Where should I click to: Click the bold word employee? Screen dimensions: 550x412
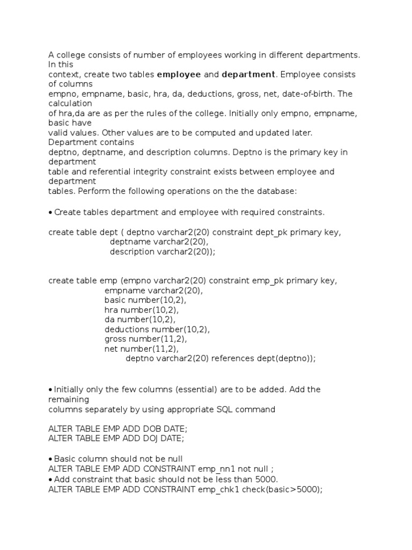tap(179, 74)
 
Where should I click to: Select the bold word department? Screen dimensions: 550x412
tap(248, 74)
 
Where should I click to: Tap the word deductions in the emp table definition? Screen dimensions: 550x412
tap(127, 329)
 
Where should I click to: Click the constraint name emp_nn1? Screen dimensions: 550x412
tap(216, 468)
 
